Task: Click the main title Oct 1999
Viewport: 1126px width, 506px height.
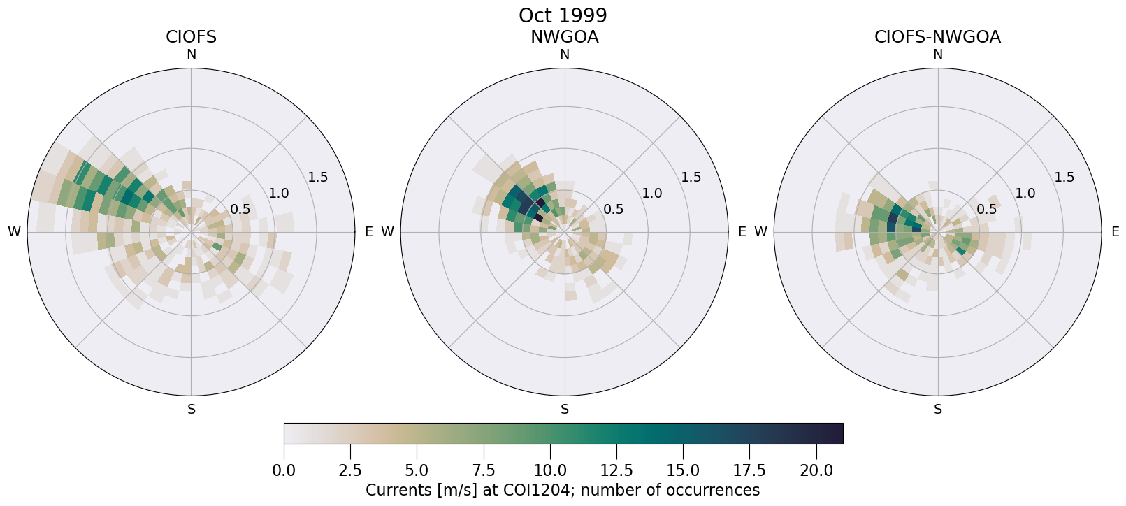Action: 563,15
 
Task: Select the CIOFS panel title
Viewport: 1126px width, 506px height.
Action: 191,37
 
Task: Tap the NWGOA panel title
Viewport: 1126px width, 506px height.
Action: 564,37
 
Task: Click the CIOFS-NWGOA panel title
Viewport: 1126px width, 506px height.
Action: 937,37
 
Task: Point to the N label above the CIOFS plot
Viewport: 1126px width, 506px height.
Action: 191,55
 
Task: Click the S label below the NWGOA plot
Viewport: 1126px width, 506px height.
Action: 564,410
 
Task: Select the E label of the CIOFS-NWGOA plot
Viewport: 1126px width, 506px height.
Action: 1115,232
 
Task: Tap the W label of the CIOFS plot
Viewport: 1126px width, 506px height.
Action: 14,232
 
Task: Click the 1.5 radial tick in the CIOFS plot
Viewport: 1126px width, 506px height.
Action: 318,178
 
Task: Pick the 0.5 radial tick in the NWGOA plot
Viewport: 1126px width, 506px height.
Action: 614,209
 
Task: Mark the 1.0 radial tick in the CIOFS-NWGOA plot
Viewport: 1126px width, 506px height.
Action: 1025,194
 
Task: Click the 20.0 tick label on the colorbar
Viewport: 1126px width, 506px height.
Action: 815,471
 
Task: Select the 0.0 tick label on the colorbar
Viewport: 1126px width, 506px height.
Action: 284,471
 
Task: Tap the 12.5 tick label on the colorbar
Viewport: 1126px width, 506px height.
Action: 616,471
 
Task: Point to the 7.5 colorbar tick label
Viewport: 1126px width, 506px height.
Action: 484,471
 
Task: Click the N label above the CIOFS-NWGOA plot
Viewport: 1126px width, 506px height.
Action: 937,55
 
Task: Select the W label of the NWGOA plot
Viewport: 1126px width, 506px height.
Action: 387,232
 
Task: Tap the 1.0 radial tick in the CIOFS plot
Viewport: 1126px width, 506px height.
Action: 279,194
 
